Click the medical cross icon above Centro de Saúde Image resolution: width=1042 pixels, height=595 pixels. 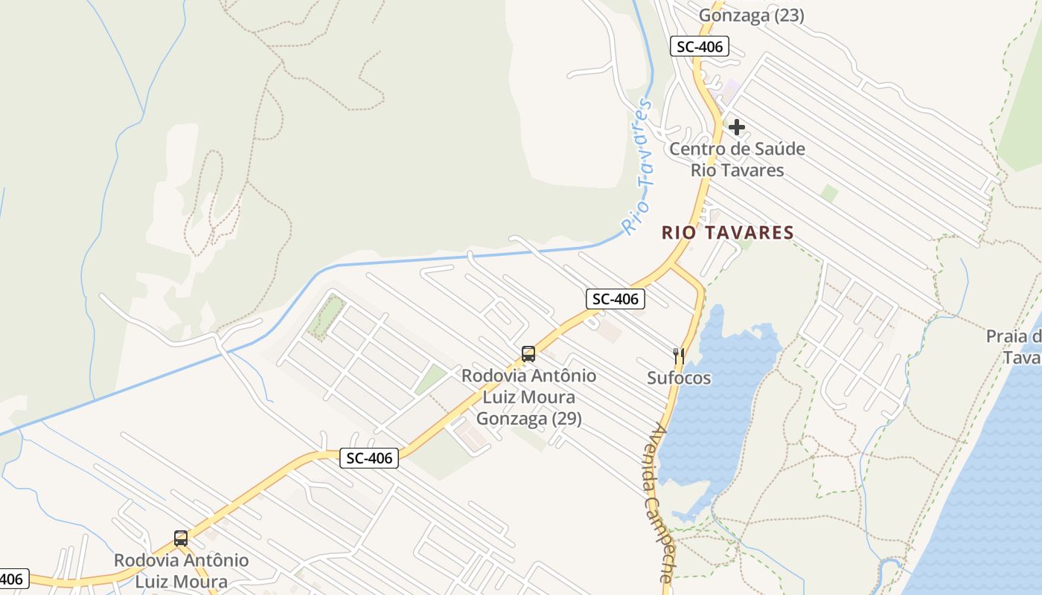(x=736, y=127)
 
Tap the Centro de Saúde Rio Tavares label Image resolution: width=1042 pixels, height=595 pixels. (x=737, y=159)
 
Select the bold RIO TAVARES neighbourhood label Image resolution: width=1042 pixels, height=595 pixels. (x=728, y=233)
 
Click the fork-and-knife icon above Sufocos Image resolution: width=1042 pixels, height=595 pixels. (x=678, y=356)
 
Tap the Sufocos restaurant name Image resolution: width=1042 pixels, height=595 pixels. (x=679, y=378)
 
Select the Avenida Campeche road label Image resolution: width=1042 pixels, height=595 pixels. (x=659, y=502)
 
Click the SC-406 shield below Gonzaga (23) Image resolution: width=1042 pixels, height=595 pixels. (x=698, y=47)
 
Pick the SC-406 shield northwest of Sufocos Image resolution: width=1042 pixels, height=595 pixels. (x=615, y=299)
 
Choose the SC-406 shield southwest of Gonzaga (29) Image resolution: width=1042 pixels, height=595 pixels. (x=369, y=458)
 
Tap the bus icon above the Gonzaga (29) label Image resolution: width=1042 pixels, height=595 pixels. (x=528, y=354)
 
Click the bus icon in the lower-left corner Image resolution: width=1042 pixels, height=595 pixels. (x=180, y=538)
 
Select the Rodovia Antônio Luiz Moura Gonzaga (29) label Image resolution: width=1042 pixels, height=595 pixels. (x=528, y=397)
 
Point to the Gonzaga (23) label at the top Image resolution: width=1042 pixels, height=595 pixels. (x=752, y=15)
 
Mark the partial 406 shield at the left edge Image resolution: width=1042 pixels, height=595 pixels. (x=13, y=579)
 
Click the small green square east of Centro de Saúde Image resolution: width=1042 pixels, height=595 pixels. (x=829, y=193)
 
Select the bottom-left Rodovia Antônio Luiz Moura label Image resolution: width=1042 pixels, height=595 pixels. (x=181, y=570)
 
